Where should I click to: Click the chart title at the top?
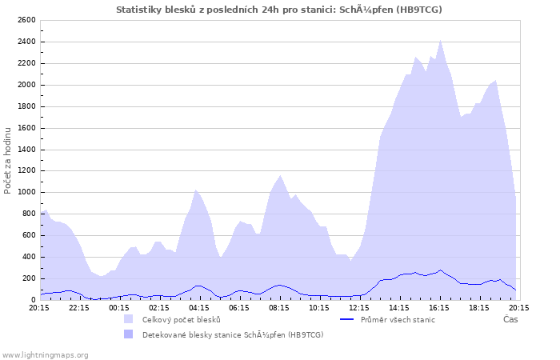click(x=278, y=10)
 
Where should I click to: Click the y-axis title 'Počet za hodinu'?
click(x=8, y=160)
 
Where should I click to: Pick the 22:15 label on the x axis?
click(x=78, y=307)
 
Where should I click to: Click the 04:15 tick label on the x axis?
click(x=198, y=307)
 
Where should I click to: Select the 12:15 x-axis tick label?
click(x=358, y=307)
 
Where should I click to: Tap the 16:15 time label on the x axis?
click(x=438, y=307)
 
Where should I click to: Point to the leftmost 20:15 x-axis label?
click(x=38, y=307)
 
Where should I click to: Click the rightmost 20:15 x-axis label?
click(x=518, y=307)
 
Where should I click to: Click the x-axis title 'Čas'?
click(x=510, y=319)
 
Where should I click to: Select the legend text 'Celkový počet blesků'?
click(x=181, y=319)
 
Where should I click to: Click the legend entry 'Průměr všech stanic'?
click(x=398, y=319)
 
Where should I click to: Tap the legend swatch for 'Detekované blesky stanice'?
click(x=129, y=334)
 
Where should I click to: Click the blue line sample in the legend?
click(x=347, y=319)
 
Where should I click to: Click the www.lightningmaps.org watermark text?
click(x=45, y=354)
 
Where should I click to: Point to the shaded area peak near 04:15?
click(x=196, y=190)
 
